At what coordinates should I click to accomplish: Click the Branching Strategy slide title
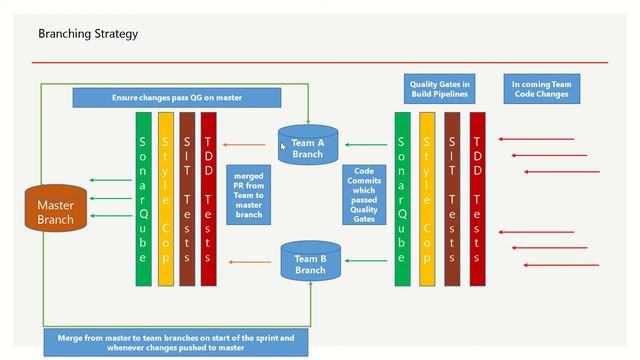pos(88,34)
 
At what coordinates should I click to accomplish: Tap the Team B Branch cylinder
pos(310,263)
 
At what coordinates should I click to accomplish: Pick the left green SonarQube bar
pos(144,199)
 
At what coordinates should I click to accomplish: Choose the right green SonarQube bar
pos(402,199)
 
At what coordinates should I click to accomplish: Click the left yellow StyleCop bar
pos(166,199)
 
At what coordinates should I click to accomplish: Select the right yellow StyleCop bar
pos(427,199)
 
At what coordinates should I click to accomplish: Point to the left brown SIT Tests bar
pos(187,199)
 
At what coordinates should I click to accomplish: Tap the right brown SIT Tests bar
pos(452,199)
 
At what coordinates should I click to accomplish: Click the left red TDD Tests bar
pos(208,199)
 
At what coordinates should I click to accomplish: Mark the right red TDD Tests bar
pos(477,199)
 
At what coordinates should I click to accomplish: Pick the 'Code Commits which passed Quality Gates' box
pos(365,194)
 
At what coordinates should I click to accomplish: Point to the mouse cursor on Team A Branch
pos(284,146)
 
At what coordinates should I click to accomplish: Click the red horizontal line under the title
pos(320,62)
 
